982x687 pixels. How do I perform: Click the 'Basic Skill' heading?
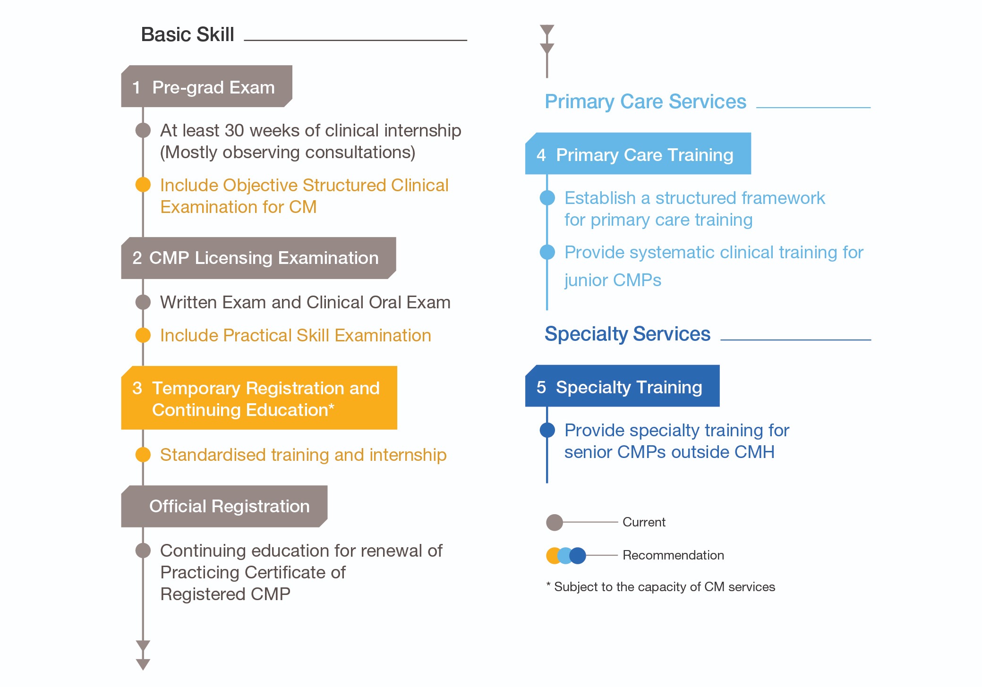pos(188,34)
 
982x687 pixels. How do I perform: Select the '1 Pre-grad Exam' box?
pos(206,86)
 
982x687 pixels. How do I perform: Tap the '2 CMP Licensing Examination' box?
pos(258,258)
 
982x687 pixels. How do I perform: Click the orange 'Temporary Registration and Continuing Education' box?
pos(259,398)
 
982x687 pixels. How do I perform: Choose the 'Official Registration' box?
pos(224,506)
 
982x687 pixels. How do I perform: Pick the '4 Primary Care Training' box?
pos(638,153)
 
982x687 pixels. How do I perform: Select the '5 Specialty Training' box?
pos(622,386)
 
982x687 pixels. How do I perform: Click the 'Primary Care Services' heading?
pos(645,102)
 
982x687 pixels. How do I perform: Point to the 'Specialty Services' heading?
pos(627,334)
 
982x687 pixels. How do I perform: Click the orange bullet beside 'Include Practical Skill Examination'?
pos(143,335)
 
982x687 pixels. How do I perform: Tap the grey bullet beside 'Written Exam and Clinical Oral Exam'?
pos(143,302)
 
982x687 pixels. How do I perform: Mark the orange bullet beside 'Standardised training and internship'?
pos(143,455)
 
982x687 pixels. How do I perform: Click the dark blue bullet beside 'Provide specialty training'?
pos(547,430)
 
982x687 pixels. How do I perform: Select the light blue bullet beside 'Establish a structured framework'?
pos(547,198)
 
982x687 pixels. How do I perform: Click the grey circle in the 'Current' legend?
pos(554,522)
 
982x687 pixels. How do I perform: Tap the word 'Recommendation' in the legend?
pos(673,555)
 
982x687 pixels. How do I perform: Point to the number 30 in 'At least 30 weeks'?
pos(234,130)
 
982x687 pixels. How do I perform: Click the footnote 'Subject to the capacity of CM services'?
pos(665,587)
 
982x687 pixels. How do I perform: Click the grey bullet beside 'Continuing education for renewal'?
pos(143,551)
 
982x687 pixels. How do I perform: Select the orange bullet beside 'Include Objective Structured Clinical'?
pos(143,185)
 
